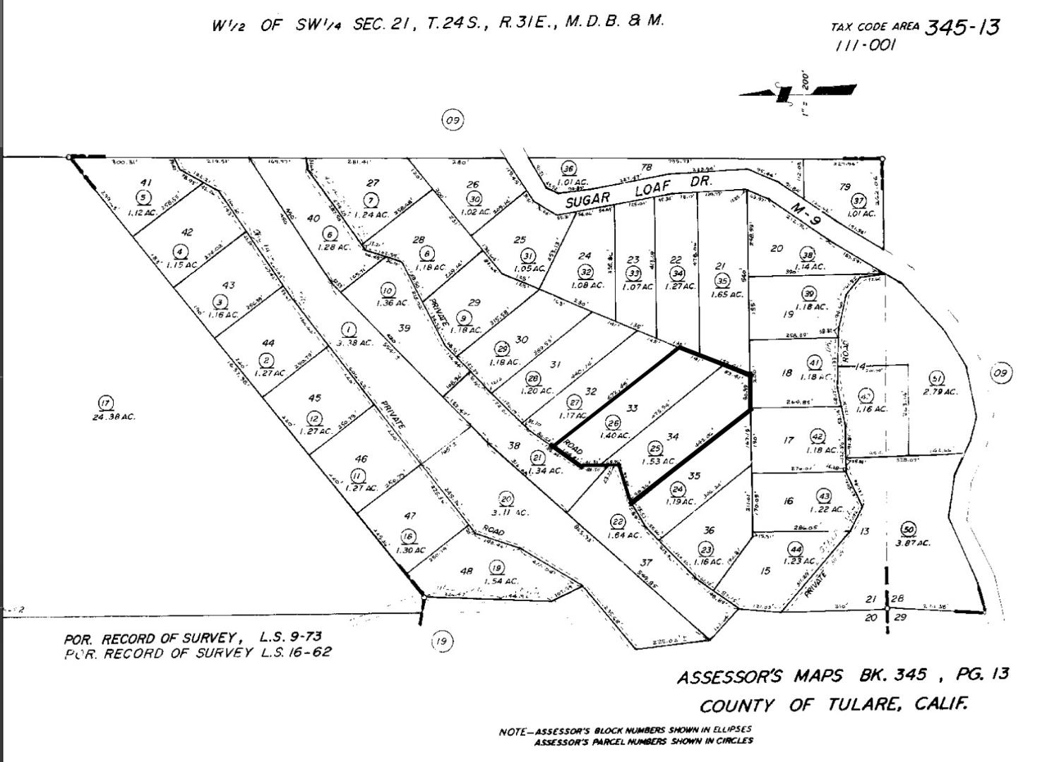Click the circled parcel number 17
point(105,403)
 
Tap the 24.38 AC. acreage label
point(113,417)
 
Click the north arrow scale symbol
point(798,92)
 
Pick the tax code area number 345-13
point(962,28)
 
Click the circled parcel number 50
point(909,529)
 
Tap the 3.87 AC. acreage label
point(913,543)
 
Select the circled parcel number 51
point(936,378)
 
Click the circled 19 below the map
point(441,641)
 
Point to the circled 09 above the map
point(453,120)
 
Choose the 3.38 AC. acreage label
point(355,342)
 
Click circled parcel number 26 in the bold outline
point(613,423)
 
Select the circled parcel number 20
point(505,500)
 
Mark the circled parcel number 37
point(858,200)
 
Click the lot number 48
point(466,571)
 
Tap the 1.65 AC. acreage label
point(727,294)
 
